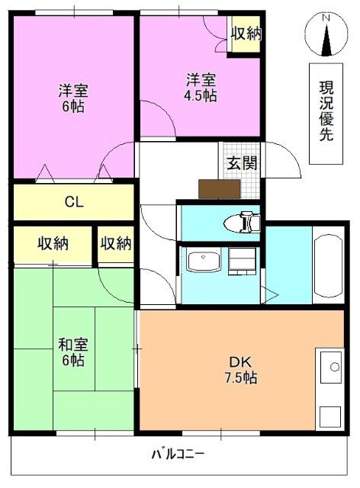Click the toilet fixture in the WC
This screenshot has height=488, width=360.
coord(242,222)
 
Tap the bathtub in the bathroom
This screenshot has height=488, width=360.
coord(328,265)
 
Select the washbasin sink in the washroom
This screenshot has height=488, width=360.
coord(204,259)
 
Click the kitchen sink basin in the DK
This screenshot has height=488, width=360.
coord(331,368)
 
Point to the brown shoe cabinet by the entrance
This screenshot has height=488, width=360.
coord(220,189)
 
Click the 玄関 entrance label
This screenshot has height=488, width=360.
coord(242,162)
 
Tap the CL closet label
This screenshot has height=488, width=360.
coord(74,202)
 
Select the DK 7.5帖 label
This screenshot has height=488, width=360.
coord(241,370)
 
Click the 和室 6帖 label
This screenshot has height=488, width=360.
coord(73,352)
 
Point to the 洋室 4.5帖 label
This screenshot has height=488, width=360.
coord(201,88)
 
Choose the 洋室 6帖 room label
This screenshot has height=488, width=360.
coord(73,98)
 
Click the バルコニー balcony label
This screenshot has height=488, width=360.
coord(178,454)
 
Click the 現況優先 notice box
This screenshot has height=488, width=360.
coord(326,114)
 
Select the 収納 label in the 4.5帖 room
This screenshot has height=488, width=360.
coord(246,33)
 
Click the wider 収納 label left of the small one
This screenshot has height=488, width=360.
coord(53,243)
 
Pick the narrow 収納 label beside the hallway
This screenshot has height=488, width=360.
coord(115,243)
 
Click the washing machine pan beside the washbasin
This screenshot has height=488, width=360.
coord(242,261)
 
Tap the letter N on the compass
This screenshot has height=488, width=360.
coord(326,18)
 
